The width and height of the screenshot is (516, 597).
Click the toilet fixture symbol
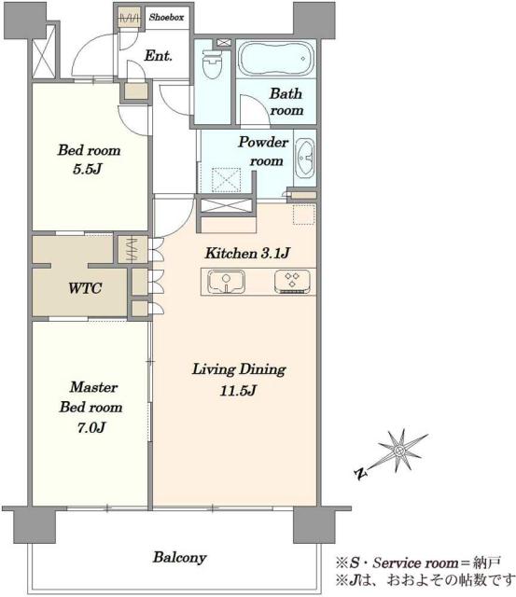(x=212, y=63)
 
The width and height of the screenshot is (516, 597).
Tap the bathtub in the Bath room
(x=276, y=59)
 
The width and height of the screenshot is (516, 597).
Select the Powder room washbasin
(x=304, y=158)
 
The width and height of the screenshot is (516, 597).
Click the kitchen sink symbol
(x=226, y=282)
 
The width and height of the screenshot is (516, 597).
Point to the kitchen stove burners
(x=292, y=282)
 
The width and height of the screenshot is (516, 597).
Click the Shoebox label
(x=166, y=17)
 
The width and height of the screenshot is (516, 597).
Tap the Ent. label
(x=158, y=56)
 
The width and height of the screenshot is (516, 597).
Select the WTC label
(x=85, y=288)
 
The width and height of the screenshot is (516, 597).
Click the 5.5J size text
(x=87, y=169)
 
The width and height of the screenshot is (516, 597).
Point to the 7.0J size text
(x=91, y=427)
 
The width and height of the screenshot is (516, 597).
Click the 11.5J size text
(x=238, y=390)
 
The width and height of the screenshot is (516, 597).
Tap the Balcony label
(x=179, y=558)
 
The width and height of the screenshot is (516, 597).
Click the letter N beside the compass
(x=360, y=473)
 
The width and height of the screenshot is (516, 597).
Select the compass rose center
(x=399, y=451)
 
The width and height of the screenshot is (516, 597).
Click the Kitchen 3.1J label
(x=247, y=253)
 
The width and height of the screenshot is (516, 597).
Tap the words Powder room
(x=263, y=151)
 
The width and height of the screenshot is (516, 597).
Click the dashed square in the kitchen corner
(x=304, y=215)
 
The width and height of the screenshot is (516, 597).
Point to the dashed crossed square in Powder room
(x=226, y=179)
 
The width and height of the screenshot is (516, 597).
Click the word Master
(x=93, y=387)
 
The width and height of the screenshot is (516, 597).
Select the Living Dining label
(x=239, y=369)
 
